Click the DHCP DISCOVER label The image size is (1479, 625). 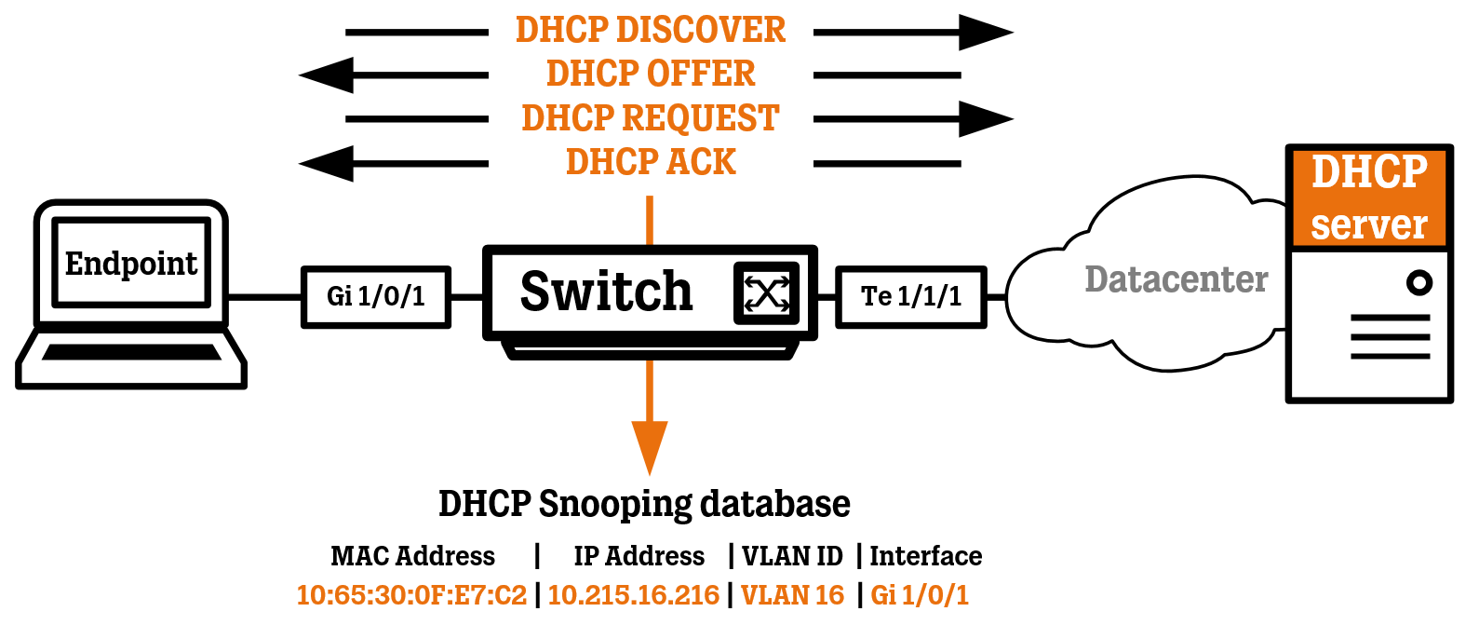[x=650, y=30]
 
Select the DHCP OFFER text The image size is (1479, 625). [x=650, y=74]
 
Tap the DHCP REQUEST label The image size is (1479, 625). [x=650, y=118]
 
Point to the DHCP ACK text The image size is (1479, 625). [x=650, y=162]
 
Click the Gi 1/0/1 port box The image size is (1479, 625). [x=376, y=297]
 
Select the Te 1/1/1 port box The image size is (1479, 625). [x=910, y=297]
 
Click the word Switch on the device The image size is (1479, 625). [x=606, y=292]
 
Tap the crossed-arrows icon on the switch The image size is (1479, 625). [x=766, y=293]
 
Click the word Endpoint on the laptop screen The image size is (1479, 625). [x=130, y=264]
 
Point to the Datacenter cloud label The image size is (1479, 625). [x=1176, y=279]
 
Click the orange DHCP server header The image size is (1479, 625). [x=1368, y=197]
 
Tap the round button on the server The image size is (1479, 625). [x=1418, y=282]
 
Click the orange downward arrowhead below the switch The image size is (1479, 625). [x=650, y=445]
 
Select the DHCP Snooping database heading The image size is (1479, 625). [x=644, y=504]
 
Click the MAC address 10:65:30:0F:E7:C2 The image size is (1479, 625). [x=411, y=594]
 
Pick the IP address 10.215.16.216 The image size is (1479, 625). [x=633, y=594]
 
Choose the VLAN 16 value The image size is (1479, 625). [x=792, y=594]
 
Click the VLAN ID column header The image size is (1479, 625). [x=792, y=556]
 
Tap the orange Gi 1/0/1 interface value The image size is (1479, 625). [x=920, y=594]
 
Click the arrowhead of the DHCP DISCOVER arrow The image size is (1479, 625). [x=985, y=32]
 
